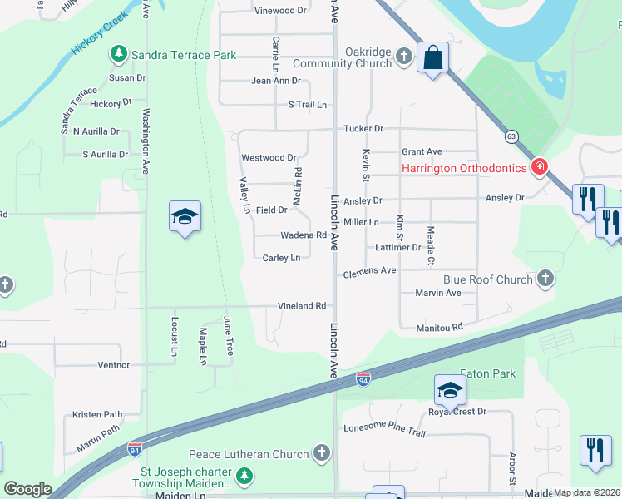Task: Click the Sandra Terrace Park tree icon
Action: (118, 55)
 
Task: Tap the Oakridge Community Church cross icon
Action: (404, 57)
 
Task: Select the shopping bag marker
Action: (432, 58)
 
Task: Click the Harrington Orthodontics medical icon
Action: (540, 167)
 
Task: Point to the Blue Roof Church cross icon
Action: (545, 279)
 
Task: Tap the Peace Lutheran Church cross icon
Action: (321, 453)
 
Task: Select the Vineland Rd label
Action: (303, 306)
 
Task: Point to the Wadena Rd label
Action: (303, 235)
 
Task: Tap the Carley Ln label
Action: (281, 258)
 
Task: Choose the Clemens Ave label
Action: (369, 272)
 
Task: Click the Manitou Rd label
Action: (440, 328)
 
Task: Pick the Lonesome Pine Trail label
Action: (384, 433)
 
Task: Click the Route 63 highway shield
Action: (511, 136)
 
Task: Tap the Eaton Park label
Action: (487, 373)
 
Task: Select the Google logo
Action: (27, 489)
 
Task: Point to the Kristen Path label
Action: (97, 414)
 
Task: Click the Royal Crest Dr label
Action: (457, 412)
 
